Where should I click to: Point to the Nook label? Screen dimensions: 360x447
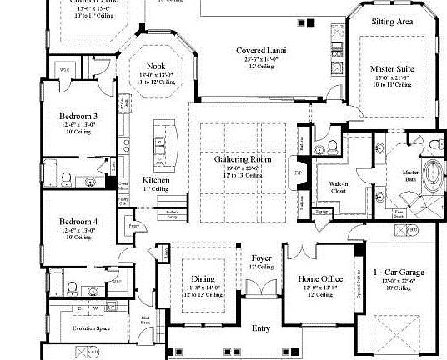pyautogui.click(x=156, y=66)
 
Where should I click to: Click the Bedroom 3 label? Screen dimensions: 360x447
pyautogui.click(x=78, y=116)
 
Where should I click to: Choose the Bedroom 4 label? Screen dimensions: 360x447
pyautogui.click(x=78, y=221)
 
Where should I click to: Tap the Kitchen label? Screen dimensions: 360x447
pyautogui.click(x=156, y=180)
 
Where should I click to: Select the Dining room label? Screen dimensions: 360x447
pyautogui.click(x=203, y=277)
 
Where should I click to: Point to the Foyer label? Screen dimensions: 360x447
pyautogui.click(x=261, y=258)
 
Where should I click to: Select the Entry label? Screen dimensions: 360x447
pyautogui.click(x=261, y=328)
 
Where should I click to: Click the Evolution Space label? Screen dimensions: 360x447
pyautogui.click(x=70, y=329)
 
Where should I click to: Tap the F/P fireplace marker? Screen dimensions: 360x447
pyautogui.click(x=299, y=174)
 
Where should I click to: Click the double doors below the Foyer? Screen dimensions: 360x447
pyautogui.click(x=261, y=291)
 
